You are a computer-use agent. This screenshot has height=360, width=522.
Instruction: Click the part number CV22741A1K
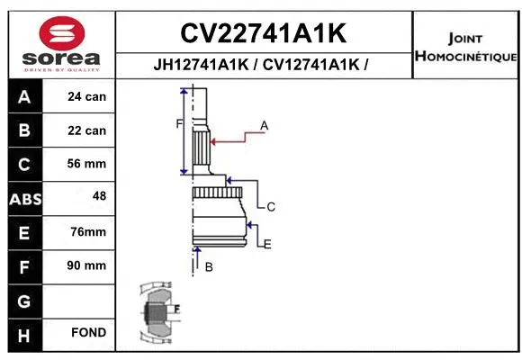point(263,33)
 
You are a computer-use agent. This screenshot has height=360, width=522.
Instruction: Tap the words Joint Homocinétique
point(464,48)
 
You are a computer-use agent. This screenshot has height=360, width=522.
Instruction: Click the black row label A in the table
point(23,97)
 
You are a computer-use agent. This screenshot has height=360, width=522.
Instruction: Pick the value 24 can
point(87,97)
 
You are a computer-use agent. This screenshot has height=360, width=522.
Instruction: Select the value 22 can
point(87,130)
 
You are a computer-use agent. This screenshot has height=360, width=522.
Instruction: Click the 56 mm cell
point(87,164)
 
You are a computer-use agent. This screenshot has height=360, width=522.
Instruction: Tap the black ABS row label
point(23,198)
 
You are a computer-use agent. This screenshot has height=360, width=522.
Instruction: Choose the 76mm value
point(87,232)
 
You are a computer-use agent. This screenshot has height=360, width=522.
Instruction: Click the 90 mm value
point(87,265)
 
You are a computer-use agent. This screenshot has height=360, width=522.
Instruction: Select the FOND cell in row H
point(87,333)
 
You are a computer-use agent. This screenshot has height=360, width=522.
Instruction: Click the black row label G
point(23,300)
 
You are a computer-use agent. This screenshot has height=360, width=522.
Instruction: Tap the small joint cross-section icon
point(158,312)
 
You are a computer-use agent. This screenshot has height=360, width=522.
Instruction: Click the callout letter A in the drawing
point(265,126)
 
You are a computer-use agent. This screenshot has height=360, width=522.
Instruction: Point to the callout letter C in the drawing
point(270,207)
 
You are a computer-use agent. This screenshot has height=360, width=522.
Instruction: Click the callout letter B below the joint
point(208,267)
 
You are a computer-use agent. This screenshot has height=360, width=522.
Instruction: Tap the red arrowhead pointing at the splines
point(213,140)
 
